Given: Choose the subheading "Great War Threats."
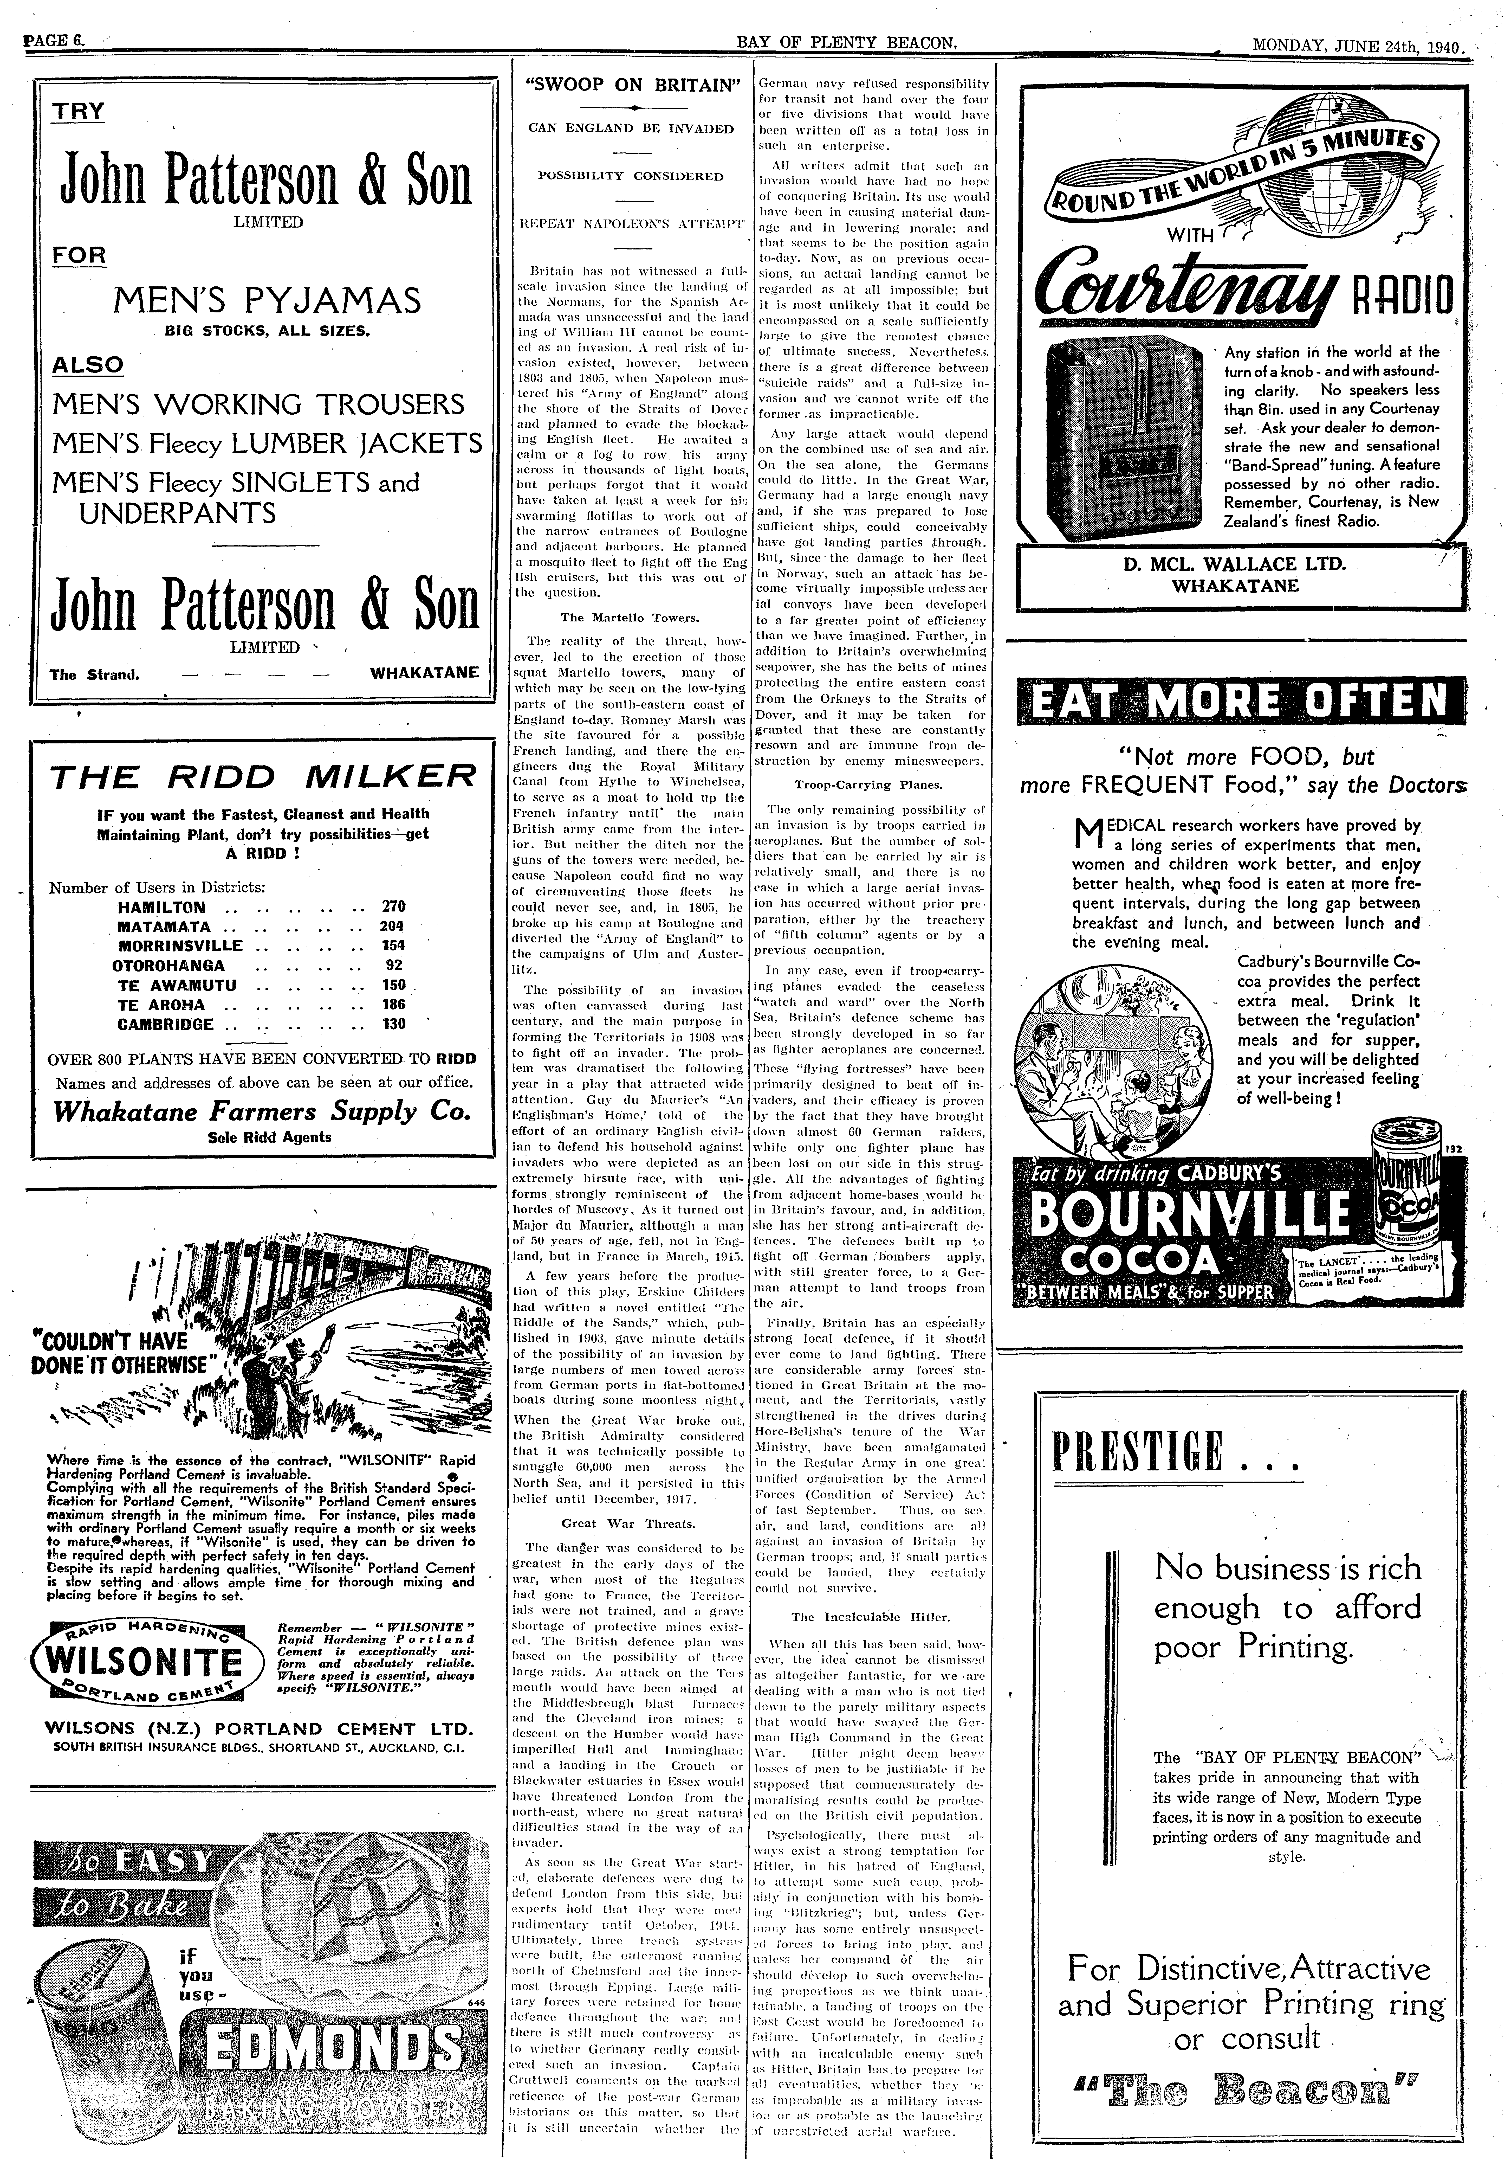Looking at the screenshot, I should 628,1523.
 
